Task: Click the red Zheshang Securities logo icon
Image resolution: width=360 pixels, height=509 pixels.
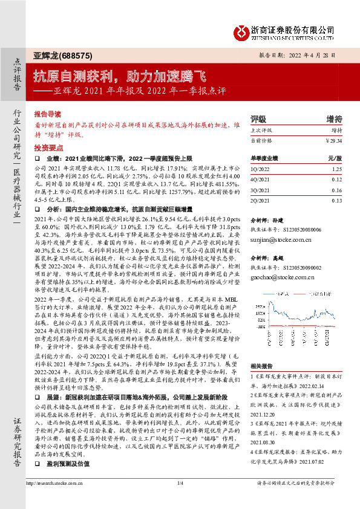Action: [241, 31]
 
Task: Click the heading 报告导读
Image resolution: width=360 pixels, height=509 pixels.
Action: [47, 113]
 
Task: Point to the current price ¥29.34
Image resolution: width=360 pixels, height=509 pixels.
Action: [332, 140]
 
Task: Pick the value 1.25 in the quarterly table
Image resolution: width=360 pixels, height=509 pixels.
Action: [336, 170]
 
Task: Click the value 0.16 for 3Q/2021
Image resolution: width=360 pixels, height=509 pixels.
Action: [336, 190]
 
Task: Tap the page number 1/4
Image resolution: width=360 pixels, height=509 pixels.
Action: [180, 500]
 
